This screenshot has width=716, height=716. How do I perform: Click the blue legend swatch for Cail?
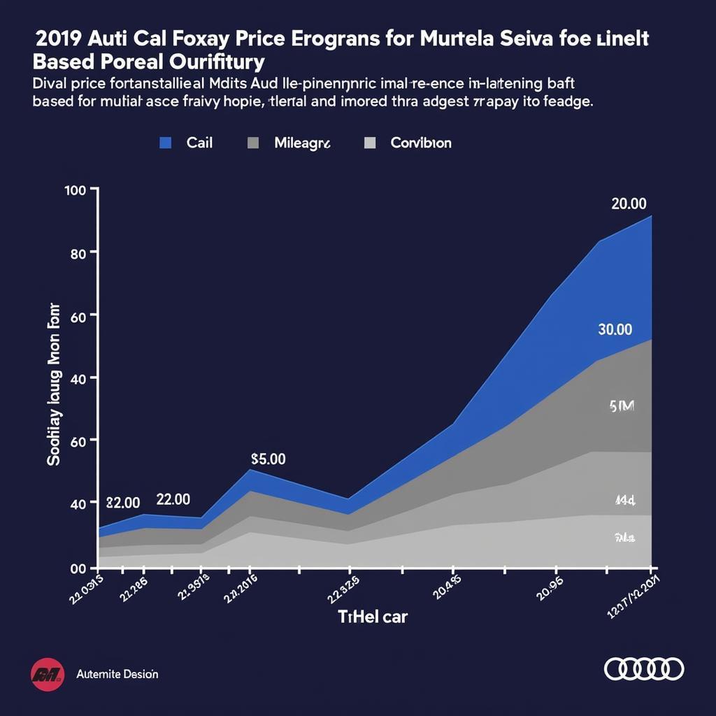tap(166, 143)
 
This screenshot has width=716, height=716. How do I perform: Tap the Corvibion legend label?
tap(420, 143)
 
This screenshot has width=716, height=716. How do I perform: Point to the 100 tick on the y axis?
tap(74, 190)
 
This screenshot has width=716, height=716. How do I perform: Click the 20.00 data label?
tap(629, 203)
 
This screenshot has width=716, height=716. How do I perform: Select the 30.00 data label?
tap(615, 329)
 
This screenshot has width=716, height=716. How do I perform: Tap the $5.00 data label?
tap(268, 459)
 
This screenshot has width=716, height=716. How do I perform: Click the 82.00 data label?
tap(122, 502)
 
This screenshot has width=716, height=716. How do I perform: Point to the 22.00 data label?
tap(173, 499)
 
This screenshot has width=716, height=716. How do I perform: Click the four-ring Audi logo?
tap(643, 668)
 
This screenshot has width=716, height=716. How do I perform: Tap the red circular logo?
tap(47, 674)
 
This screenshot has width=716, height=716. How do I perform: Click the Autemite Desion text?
tap(117, 674)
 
